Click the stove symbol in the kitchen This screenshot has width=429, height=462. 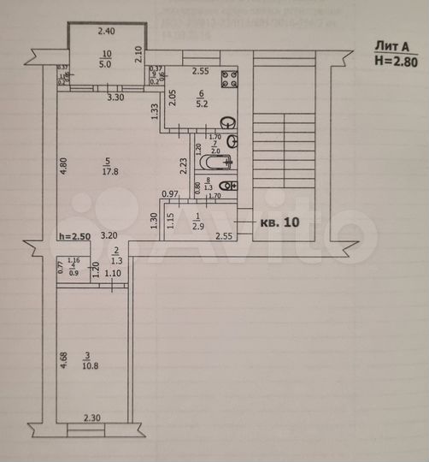point(229,80)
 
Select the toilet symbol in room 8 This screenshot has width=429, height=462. point(226,186)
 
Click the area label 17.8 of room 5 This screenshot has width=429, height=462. point(108,169)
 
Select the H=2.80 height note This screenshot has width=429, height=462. point(396,61)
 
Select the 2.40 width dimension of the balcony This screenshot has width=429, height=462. point(106,32)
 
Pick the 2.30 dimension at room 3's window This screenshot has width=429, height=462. point(93,417)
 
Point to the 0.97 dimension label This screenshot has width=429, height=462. point(169,194)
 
